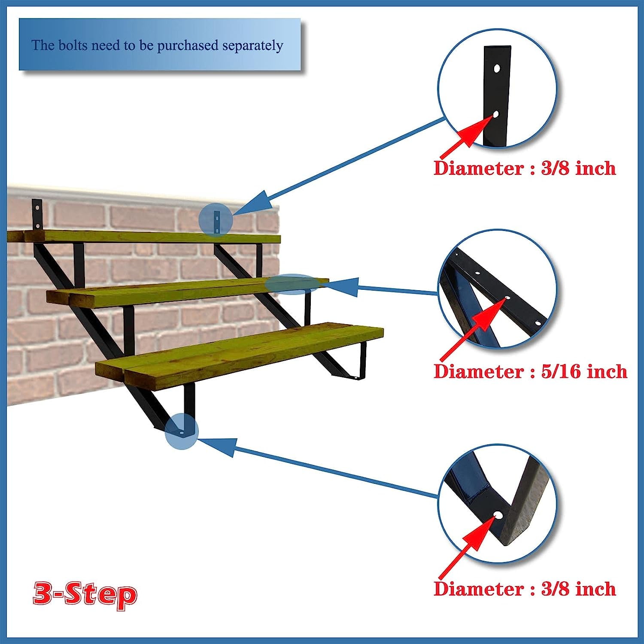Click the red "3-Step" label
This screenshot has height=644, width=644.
tap(85, 594)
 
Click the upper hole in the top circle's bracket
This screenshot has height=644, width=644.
tap(497, 68)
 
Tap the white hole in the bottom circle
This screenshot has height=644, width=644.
tap(498, 515)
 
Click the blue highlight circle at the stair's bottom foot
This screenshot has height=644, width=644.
tap(182, 431)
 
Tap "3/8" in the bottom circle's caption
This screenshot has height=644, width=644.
tap(555, 589)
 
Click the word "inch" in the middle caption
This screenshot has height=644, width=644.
tap(606, 371)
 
